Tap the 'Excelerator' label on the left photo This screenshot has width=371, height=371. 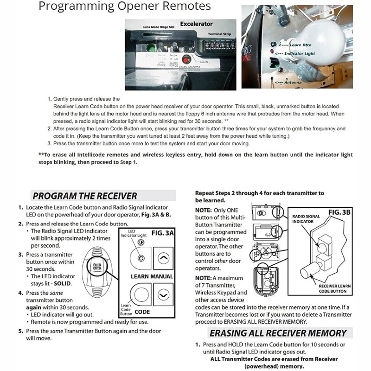point(196,24)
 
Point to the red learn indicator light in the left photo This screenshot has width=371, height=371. point(185,59)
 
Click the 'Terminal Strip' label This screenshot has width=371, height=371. point(214,34)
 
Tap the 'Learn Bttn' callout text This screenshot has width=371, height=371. point(302,45)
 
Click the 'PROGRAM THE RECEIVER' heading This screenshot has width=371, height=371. point(84,196)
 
